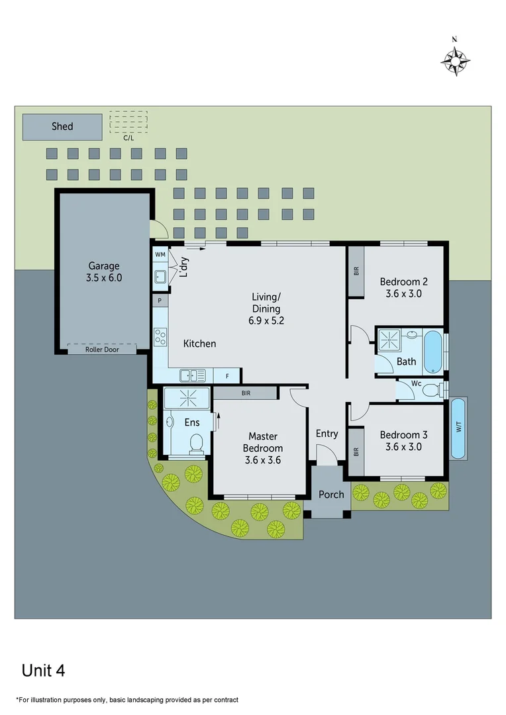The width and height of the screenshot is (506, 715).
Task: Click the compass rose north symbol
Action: click(x=455, y=60)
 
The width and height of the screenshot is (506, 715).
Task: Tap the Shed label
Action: click(x=62, y=126)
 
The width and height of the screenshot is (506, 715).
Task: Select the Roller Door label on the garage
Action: click(x=102, y=349)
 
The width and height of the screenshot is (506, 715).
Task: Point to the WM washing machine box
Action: click(x=160, y=254)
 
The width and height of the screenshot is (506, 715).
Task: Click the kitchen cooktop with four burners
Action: click(x=160, y=338)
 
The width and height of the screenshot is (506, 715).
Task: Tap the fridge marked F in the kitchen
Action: click(x=228, y=376)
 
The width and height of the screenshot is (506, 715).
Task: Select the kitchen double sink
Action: click(x=193, y=375)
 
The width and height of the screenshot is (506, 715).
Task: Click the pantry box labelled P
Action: click(x=160, y=301)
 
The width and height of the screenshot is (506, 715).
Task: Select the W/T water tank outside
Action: click(x=458, y=428)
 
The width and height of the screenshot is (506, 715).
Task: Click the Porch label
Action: click(x=331, y=495)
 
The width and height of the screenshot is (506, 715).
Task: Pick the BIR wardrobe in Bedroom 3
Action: click(x=356, y=452)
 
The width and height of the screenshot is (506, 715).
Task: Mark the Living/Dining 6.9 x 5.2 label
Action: click(x=266, y=309)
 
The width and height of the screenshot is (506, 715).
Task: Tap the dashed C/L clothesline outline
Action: click(x=128, y=122)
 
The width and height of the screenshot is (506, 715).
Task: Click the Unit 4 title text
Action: click(x=43, y=670)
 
